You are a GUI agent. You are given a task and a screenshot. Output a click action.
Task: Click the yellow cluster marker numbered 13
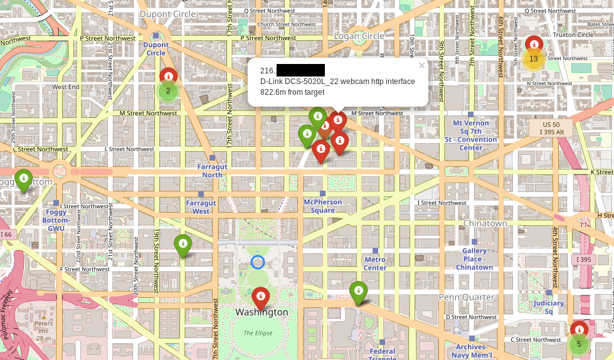[533, 59]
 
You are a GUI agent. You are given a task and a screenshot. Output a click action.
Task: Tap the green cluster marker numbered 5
[579, 344]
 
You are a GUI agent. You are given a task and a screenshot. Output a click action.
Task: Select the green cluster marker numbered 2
[168, 91]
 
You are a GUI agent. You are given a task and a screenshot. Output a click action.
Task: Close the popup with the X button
[421, 65]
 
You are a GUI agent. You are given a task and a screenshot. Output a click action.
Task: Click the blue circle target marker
[258, 262]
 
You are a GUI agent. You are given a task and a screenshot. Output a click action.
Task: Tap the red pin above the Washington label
[260, 297]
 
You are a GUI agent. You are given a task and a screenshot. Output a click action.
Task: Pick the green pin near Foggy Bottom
[24, 179]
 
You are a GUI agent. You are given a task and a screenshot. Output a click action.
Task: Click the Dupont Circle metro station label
[156, 48]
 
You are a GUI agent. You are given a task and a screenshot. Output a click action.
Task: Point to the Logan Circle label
[359, 36]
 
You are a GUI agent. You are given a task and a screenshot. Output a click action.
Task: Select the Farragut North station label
[212, 171]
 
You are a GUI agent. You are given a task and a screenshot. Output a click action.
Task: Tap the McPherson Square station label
[323, 206]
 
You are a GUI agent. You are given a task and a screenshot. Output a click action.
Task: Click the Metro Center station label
[375, 263]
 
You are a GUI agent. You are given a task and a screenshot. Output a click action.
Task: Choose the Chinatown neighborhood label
[485, 223]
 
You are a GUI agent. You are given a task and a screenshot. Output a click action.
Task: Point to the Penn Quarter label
[467, 297]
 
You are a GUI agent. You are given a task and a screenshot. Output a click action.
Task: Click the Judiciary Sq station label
[549, 307]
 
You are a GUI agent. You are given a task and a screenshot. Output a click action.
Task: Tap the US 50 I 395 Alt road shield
[551, 128]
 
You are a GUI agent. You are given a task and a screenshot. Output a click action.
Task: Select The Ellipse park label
[258, 333]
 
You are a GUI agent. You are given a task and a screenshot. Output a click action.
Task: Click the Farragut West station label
[201, 207]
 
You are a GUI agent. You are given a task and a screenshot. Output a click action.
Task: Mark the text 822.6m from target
[292, 92]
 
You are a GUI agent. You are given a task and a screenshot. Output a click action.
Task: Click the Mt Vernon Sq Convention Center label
[471, 135]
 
